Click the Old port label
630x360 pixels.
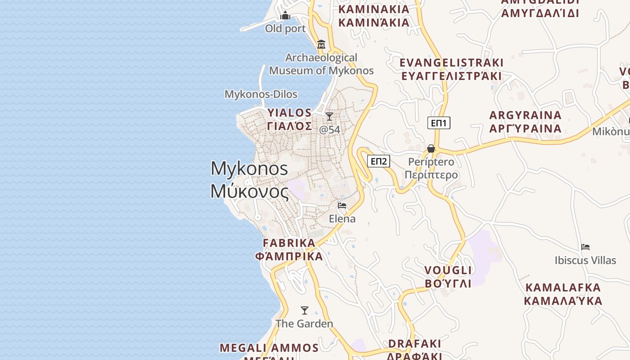[285, 29]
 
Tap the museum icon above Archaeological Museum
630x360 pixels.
[321, 44]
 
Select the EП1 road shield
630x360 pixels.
[439, 123]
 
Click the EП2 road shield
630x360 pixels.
[378, 161]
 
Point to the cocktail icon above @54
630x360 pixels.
[329, 117]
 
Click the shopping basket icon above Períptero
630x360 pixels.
[431, 148]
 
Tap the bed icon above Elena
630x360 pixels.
[342, 206]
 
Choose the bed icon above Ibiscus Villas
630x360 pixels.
[585, 247]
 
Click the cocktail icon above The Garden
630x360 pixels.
[305, 310]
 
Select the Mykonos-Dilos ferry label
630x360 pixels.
[261, 94]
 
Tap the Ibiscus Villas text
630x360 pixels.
[585, 261]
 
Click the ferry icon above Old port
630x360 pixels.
[285, 16]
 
